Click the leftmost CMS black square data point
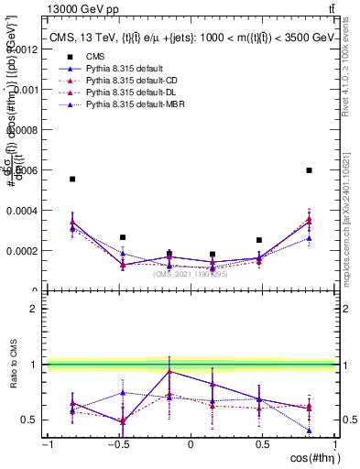coord(72,180)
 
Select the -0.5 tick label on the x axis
coord(117,445)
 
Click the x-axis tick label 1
coord(333,445)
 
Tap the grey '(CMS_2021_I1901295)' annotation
coord(191,274)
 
